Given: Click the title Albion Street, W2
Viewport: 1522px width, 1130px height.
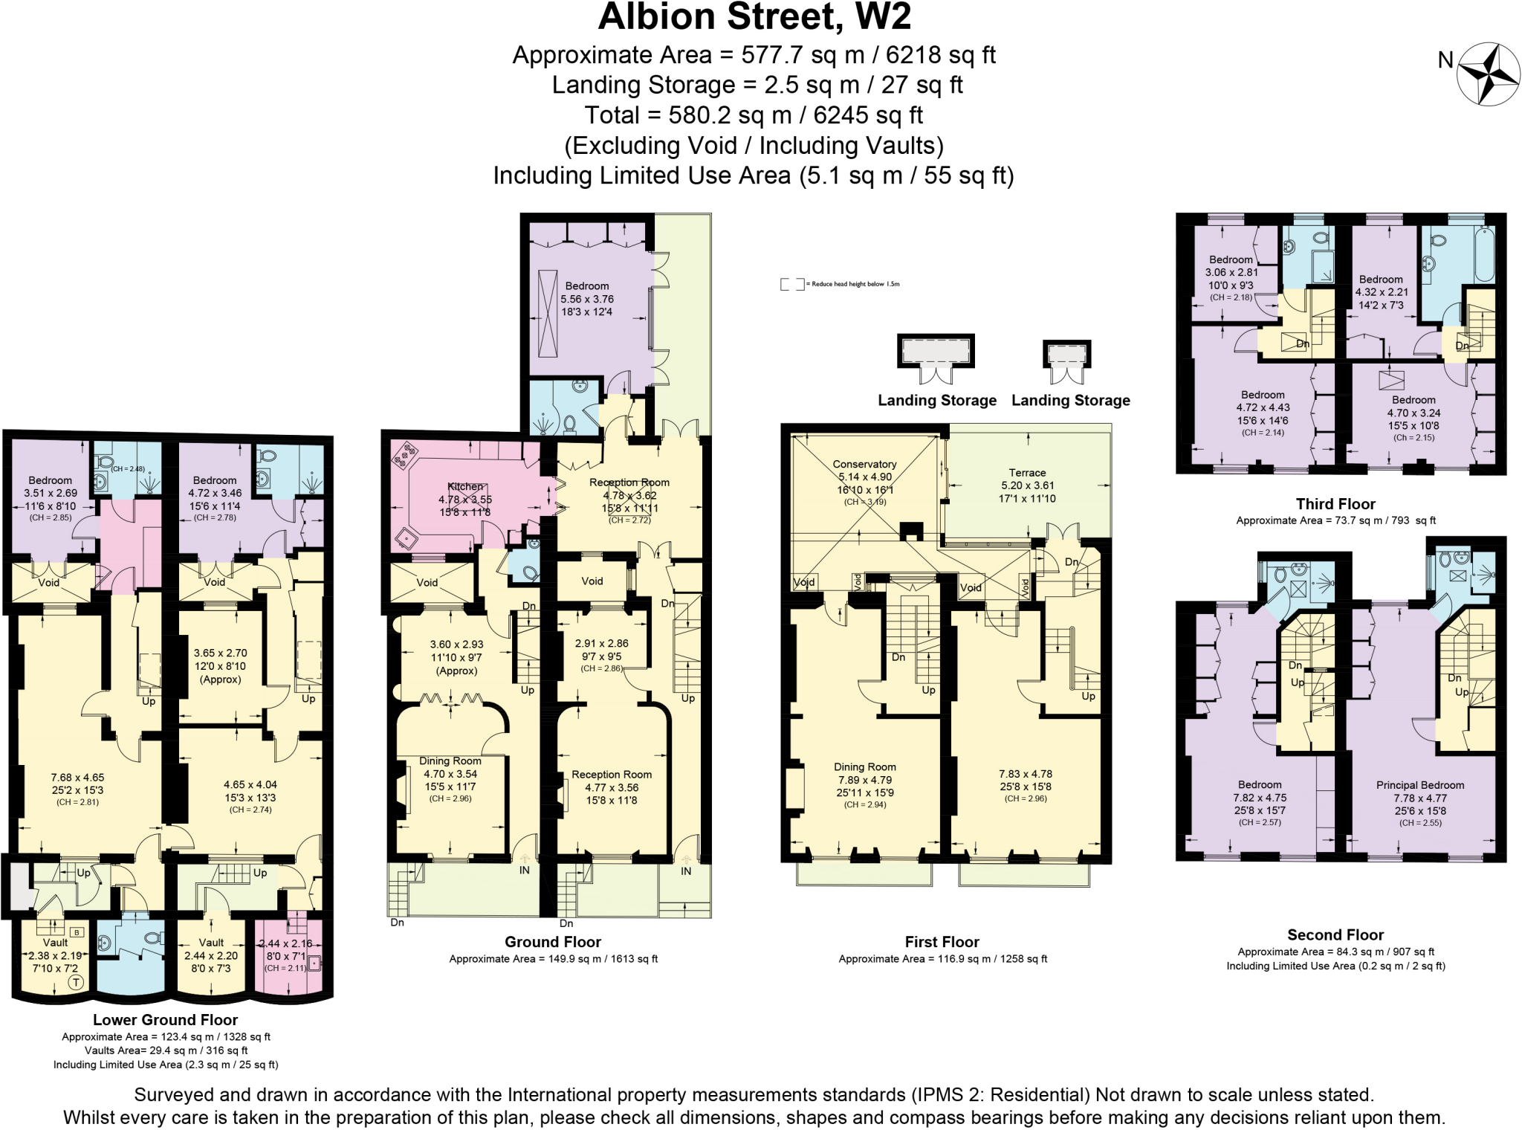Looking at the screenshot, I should pos(754,17).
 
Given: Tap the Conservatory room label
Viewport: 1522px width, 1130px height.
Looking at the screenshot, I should pos(864,464).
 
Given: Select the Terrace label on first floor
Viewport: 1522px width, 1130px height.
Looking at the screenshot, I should pos(1027,473).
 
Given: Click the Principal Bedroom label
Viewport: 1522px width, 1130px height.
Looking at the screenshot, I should pos(1419,785).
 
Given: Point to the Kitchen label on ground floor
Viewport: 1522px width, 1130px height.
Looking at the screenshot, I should pos(465,487).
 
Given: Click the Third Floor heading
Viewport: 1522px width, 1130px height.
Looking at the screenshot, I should pos(1335,504).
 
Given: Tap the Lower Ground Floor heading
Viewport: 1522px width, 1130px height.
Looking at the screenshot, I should pos(165,1020).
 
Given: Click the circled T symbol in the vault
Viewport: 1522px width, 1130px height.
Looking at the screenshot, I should pos(76,983).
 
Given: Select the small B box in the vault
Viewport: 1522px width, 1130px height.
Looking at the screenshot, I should pos(77,932).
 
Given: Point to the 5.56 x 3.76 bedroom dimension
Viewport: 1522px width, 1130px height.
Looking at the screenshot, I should pos(587,299).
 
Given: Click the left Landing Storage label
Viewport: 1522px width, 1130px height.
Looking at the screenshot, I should pos(936,401).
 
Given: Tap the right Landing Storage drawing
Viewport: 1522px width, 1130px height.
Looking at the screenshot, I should pos(1066,355).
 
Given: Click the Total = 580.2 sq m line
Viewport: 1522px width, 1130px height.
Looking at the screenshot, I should pos(754,115).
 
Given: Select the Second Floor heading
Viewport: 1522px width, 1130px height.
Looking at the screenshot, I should pos(1335,935).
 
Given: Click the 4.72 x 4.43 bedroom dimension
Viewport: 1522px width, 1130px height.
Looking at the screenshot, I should pos(1263,407).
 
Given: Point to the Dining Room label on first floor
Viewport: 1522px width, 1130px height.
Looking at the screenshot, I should pos(864,767).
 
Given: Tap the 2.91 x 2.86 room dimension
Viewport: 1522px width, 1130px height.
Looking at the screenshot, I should pos(601,644).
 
